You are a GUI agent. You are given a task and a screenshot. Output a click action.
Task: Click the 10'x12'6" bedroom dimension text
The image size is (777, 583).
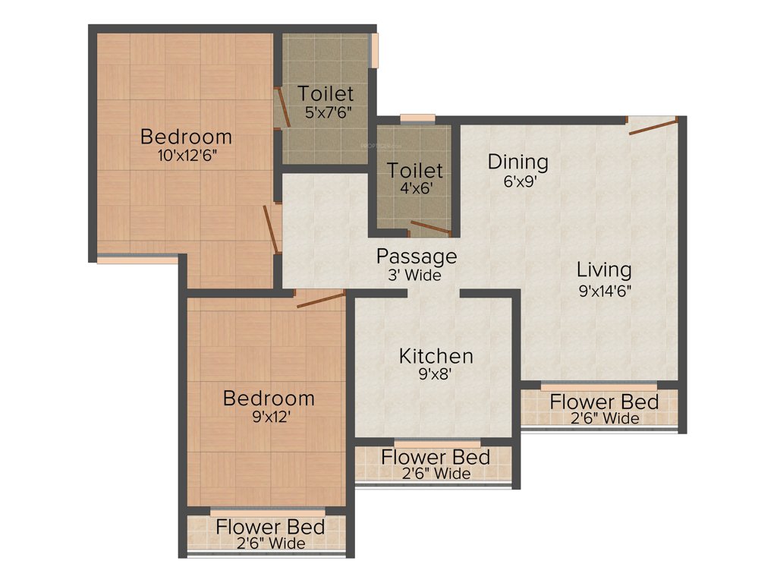tap(186, 155)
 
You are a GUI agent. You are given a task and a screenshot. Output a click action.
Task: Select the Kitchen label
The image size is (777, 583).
tap(436, 356)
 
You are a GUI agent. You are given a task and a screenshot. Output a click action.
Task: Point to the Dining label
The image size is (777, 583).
tap(517, 162)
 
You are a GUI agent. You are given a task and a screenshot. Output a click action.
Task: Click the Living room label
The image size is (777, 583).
tap(603, 269)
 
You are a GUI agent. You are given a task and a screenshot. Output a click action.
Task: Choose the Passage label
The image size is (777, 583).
tap(417, 257)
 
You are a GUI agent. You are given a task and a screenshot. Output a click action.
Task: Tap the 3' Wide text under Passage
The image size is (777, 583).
tap(414, 276)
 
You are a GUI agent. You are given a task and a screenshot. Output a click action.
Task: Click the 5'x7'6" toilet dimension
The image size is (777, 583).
tap(326, 112)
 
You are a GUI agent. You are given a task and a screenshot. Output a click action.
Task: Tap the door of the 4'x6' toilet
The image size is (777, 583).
tap(430, 228)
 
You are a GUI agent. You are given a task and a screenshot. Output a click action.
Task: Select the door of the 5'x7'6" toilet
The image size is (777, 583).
tap(282, 107)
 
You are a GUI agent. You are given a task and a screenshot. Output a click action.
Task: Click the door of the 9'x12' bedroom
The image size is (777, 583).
tap(321, 298)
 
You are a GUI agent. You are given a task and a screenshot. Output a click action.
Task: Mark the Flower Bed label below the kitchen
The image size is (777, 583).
tap(436, 457)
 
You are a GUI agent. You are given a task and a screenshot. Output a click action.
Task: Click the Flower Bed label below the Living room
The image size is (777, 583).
tap(604, 402)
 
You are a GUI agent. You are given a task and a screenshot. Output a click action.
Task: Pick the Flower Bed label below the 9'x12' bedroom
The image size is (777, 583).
tap(271, 526)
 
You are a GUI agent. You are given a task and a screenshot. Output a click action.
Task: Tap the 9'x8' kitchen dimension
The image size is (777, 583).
tap(436, 373)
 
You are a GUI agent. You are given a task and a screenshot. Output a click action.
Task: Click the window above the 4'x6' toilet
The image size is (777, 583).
tap(417, 118)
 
